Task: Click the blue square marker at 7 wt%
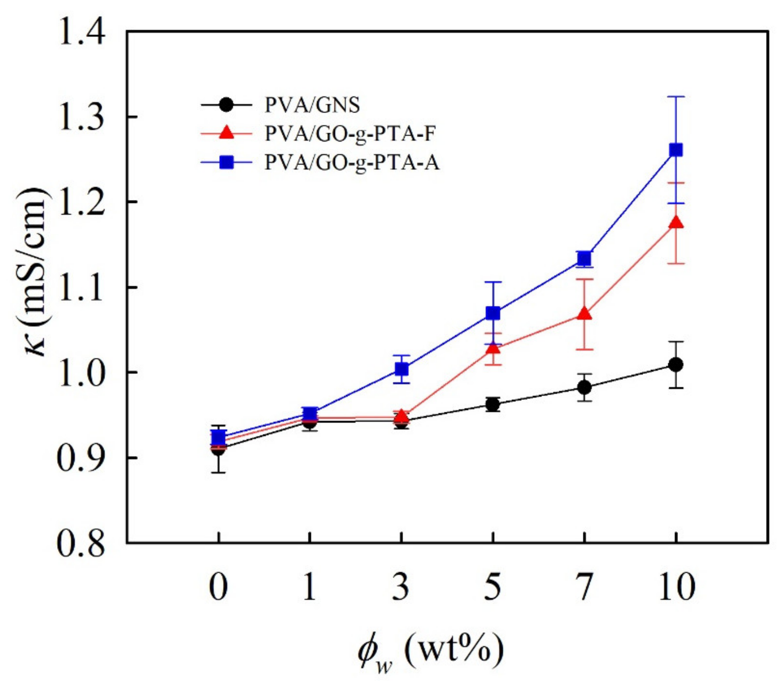click(x=584, y=259)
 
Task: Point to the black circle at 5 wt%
click(x=493, y=405)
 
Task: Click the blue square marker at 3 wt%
click(x=401, y=369)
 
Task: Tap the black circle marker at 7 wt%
click(x=584, y=387)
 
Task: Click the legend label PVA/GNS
click(x=312, y=105)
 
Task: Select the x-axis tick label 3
click(x=401, y=587)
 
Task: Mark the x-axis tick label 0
click(x=218, y=587)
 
